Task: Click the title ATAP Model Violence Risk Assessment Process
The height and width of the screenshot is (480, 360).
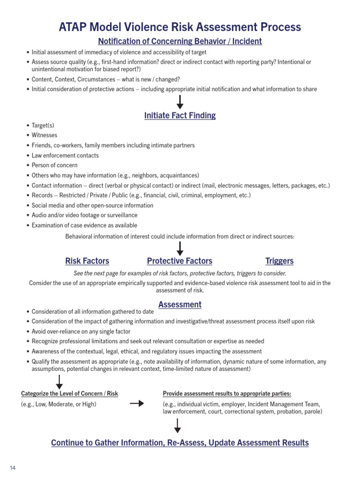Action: (180, 27)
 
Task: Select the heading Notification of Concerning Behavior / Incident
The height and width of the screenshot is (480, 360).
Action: (180, 41)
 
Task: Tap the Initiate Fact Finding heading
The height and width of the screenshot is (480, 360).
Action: (180, 115)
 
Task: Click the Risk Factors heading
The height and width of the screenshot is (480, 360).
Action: (87, 261)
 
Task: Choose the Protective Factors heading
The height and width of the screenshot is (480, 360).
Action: (180, 261)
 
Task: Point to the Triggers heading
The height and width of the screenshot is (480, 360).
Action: (279, 261)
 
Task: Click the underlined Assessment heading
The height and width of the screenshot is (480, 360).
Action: (180, 305)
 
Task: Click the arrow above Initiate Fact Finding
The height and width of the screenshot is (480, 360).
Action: (180, 102)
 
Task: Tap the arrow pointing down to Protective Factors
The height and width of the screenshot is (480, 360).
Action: (180, 248)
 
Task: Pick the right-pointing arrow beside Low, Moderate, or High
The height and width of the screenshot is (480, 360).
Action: (136, 404)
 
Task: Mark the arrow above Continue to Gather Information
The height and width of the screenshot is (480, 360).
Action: (178, 426)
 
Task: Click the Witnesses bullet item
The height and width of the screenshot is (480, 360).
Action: (45, 135)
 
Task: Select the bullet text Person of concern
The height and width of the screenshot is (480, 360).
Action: (54, 165)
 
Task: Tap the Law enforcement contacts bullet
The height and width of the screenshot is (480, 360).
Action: (65, 156)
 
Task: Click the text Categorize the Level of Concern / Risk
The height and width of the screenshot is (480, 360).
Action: (70, 394)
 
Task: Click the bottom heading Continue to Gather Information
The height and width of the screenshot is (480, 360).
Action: (180, 443)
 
